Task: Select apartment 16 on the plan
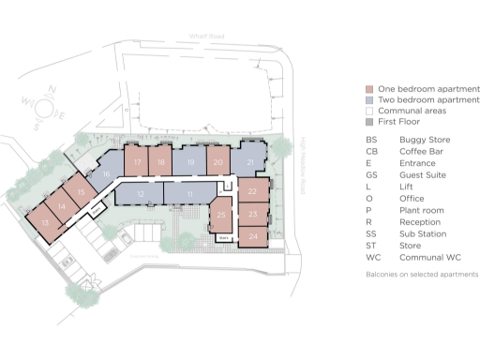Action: pyautogui.click(x=107, y=174)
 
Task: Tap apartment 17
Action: pyautogui.click(x=137, y=162)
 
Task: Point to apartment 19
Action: pyautogui.click(x=189, y=162)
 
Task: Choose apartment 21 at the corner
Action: pyautogui.click(x=250, y=161)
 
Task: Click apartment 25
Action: pyautogui.click(x=220, y=215)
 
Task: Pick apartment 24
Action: pyautogui.click(x=253, y=236)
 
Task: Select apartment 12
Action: pyautogui.click(x=141, y=194)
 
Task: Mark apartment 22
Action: pyautogui.click(x=253, y=191)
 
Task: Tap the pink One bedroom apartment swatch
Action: pyautogui.click(x=369, y=87)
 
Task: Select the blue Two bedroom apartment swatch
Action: pyautogui.click(x=369, y=98)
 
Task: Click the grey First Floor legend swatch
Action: pyautogui.click(x=369, y=121)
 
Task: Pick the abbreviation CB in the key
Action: pyautogui.click(x=372, y=150)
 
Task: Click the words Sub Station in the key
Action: pyautogui.click(x=420, y=233)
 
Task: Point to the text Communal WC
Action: pyautogui.click(x=426, y=257)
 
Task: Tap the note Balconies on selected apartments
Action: pyautogui.click(x=422, y=275)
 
